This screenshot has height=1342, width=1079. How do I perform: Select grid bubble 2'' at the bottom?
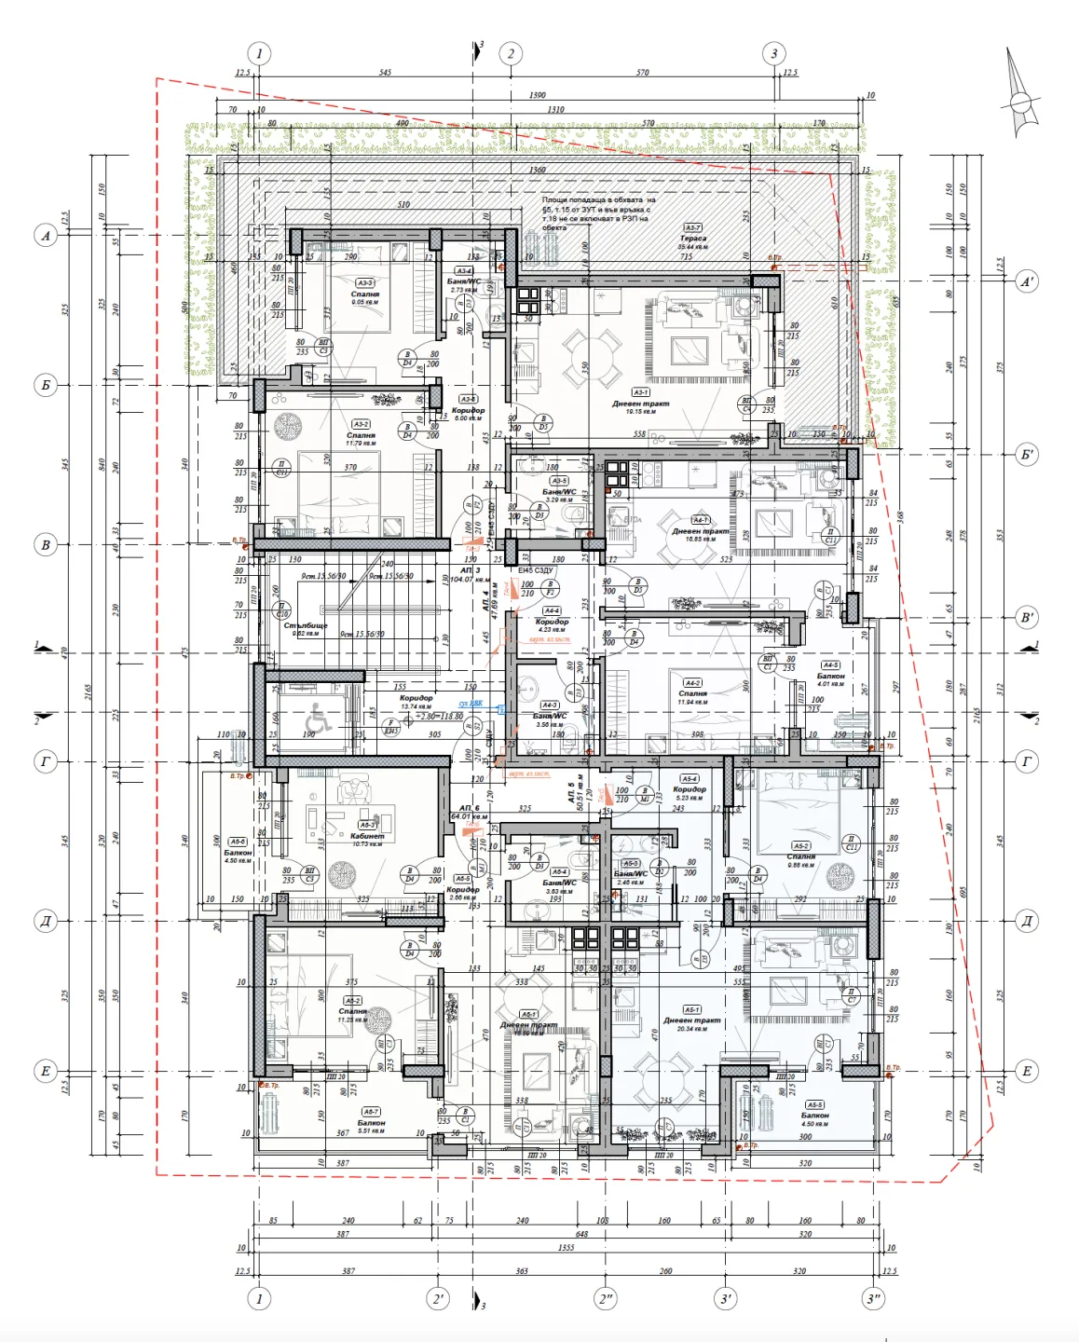point(607,1298)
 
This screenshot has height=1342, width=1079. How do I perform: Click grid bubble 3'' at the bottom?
point(873,1298)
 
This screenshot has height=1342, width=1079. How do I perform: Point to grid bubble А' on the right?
point(1026,281)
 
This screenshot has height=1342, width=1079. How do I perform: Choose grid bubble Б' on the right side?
point(1026,455)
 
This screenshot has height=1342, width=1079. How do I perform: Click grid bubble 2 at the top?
point(510,53)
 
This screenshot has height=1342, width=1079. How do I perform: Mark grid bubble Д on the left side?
point(46,921)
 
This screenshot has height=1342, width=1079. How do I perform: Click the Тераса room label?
point(692,239)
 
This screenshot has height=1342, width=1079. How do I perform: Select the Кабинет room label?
point(367,837)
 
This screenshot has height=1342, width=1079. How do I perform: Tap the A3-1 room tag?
point(641,392)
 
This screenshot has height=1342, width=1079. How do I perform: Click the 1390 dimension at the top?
point(537,95)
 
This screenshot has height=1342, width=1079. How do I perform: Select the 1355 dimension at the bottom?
point(566,1247)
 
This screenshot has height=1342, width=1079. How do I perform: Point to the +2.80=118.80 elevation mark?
point(441,717)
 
